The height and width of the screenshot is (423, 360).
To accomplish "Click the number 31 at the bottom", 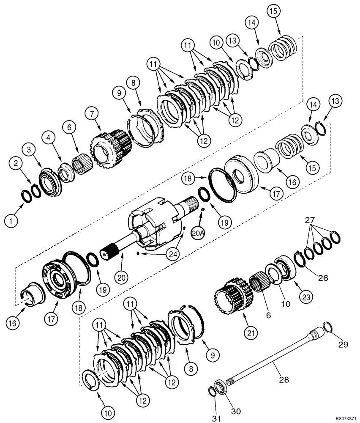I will [x=216, y=418].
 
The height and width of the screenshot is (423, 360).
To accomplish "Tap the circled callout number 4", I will [x=49, y=137].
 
